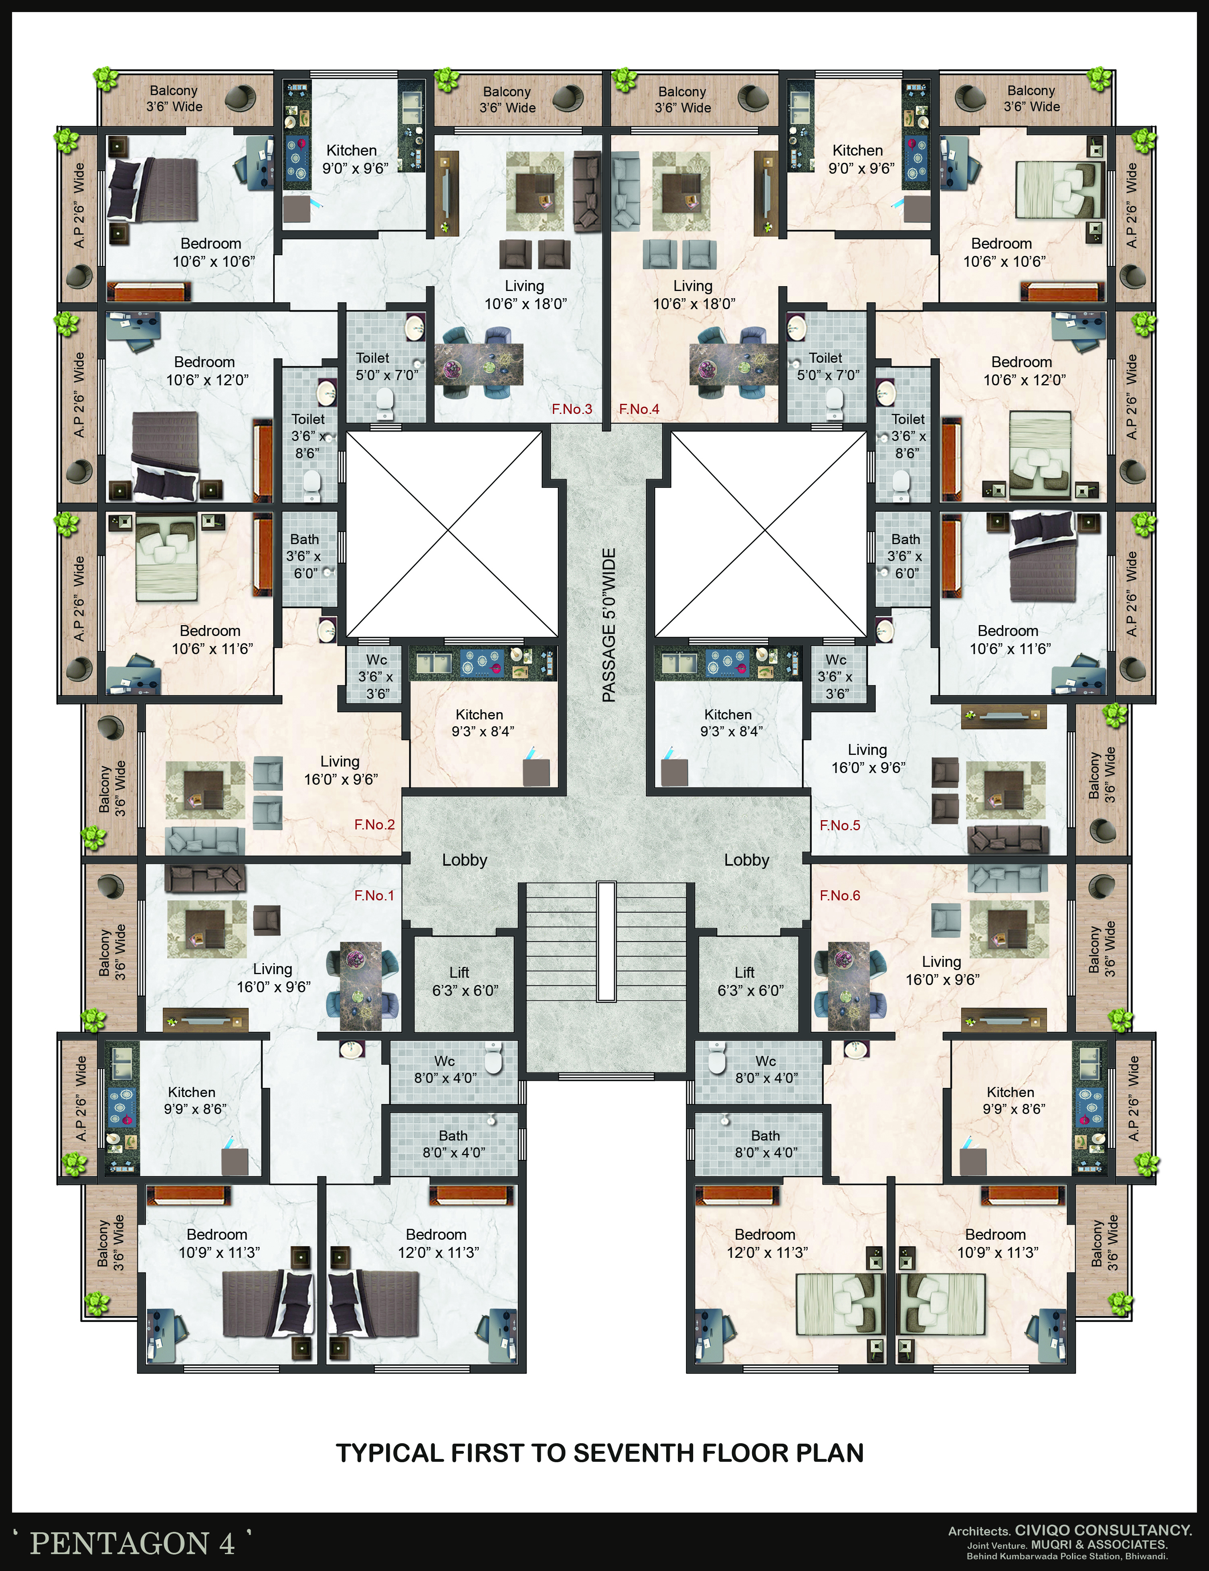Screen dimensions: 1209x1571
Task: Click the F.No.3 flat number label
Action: coord(572,409)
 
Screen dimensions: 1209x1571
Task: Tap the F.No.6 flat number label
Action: coord(840,896)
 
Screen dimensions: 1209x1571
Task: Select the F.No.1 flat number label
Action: coord(374,896)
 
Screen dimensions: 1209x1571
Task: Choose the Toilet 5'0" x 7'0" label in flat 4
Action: coord(827,366)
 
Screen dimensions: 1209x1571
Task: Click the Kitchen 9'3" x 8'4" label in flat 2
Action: coord(479,723)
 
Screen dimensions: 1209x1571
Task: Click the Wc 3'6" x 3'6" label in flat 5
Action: coord(835,676)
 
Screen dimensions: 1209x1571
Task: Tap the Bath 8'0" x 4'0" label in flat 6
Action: coord(766,1144)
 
